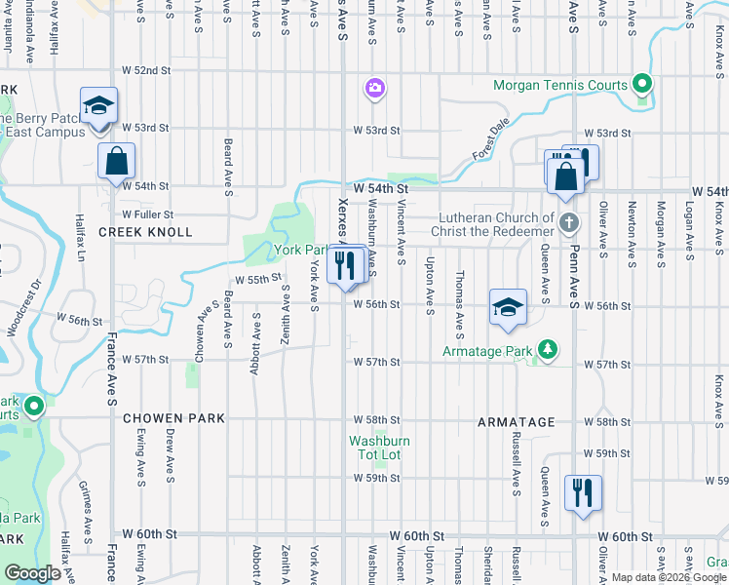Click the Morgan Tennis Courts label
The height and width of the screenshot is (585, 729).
pos(560,85)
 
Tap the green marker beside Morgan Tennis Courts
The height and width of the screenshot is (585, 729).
pos(641,83)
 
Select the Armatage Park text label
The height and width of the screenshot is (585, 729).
pos(488,350)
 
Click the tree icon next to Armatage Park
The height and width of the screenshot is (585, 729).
pos(549,348)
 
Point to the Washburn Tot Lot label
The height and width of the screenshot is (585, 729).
pos(380,448)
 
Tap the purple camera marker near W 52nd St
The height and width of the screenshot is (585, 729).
pos(375,90)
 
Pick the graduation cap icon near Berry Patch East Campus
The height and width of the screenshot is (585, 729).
pos(97,105)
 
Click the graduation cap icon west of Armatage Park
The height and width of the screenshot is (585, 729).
pos(508,307)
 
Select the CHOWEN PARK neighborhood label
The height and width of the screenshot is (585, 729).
pos(173,418)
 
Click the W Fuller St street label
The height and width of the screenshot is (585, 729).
pos(148,214)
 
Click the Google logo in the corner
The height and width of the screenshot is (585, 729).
pos(32,573)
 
